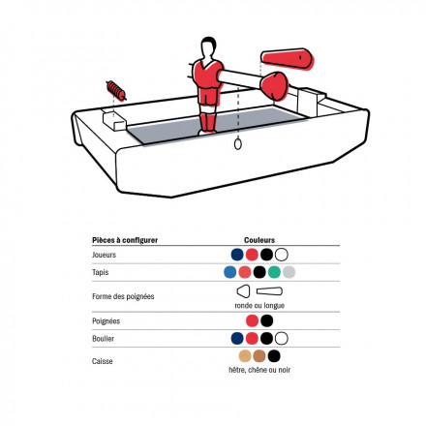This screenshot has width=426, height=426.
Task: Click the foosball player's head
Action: click(x=208, y=47)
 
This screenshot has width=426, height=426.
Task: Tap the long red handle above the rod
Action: click(x=288, y=59)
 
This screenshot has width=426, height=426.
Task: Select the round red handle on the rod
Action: click(x=274, y=86)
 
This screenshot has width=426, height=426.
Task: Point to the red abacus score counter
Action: click(x=116, y=90)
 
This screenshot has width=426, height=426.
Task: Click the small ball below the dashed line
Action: click(x=238, y=144)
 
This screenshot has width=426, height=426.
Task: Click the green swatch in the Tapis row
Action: click(x=274, y=272)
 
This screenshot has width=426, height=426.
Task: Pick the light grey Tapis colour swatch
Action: click(x=289, y=272)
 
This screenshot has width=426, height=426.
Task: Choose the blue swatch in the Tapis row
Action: click(x=230, y=272)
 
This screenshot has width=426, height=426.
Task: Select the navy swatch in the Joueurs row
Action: click(x=237, y=255)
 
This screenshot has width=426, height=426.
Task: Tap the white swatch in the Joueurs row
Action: click(x=282, y=255)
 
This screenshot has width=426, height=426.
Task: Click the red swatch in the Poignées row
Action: click(x=252, y=320)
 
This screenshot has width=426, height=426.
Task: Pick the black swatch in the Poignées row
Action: click(x=267, y=320)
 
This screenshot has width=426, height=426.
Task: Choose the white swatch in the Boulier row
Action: click(x=282, y=338)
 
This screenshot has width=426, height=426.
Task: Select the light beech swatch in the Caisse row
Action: click(x=245, y=356)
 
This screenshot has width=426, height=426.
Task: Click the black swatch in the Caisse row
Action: click(x=274, y=356)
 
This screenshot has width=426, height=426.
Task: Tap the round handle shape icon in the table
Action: click(x=243, y=291)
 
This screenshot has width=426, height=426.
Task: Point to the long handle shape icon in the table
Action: click(x=269, y=291)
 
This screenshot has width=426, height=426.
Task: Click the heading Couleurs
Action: click(x=259, y=240)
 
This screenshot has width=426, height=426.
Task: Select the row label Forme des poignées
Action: click(x=123, y=296)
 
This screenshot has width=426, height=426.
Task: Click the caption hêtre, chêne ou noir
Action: click(x=259, y=370)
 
